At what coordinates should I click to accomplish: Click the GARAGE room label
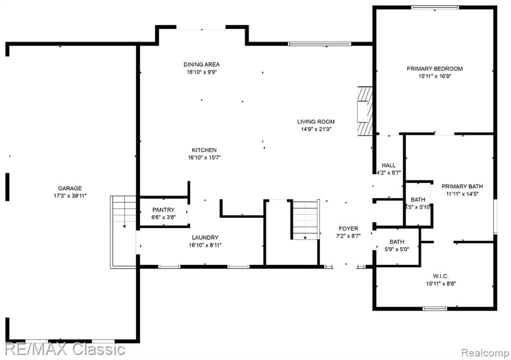point(69,188)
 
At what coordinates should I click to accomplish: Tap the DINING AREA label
point(201,64)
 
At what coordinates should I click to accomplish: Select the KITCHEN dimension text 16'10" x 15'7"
point(204,158)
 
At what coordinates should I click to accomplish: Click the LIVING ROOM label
point(315,121)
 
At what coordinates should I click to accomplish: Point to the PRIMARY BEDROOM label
point(434,69)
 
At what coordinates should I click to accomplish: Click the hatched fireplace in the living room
point(365,111)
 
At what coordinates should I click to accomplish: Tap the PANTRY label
point(163,210)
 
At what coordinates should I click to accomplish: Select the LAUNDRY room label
point(205,238)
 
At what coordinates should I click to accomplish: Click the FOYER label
point(348,228)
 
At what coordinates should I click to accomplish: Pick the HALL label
point(388,165)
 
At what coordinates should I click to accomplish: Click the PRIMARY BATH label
point(462,186)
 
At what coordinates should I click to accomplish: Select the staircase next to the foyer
point(305,220)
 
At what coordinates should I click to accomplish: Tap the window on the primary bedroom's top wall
point(434,7)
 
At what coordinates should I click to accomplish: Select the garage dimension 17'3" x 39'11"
point(69,195)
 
